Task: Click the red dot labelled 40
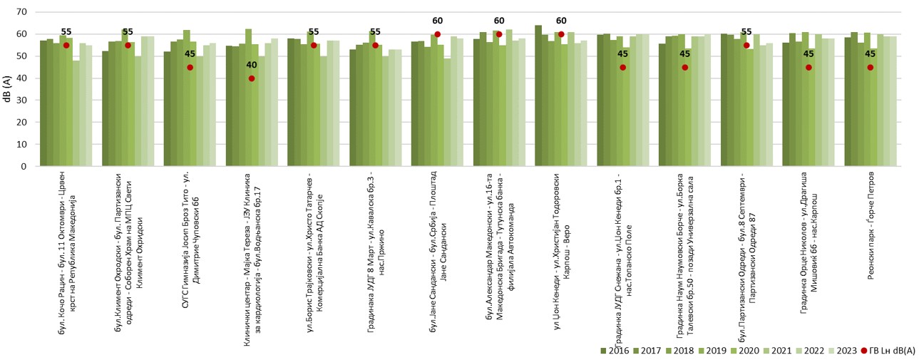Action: click(x=252, y=78)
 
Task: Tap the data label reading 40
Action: click(x=252, y=66)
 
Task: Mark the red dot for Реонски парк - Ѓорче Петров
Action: click(x=871, y=67)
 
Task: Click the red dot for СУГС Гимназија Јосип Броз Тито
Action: click(x=190, y=67)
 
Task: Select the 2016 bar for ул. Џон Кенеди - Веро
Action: click(x=538, y=96)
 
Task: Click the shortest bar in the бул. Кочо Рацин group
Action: click(x=76, y=113)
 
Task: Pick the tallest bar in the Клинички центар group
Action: click(x=248, y=97)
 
